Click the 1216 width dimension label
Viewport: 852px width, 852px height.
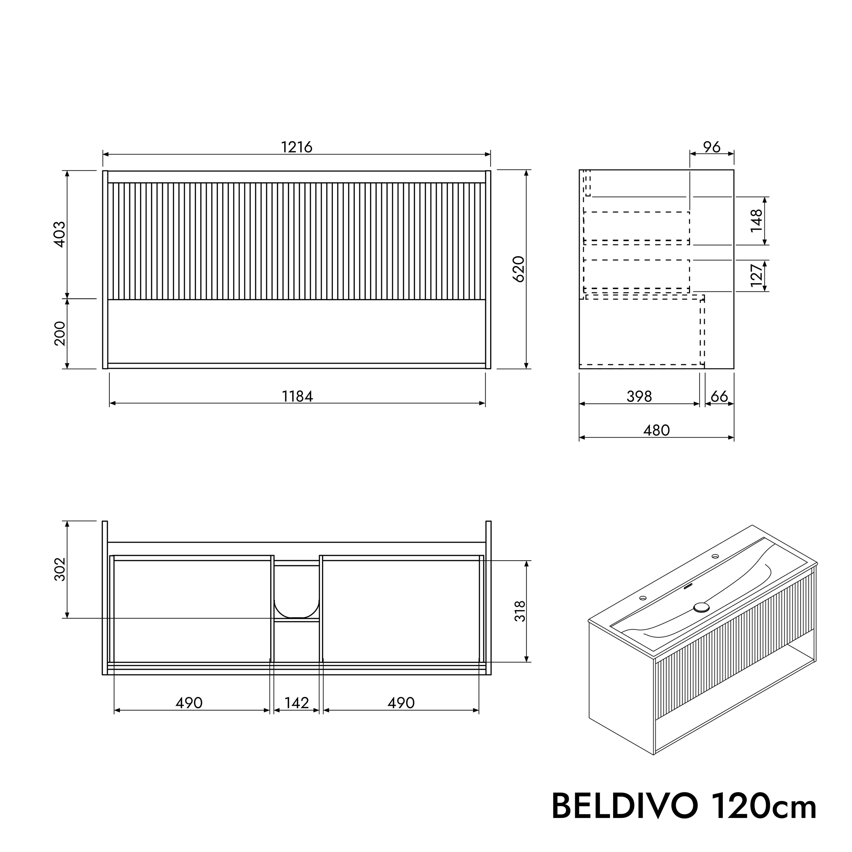click(297, 147)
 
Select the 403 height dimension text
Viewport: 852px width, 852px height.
click(60, 234)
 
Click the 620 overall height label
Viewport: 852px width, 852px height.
click(519, 269)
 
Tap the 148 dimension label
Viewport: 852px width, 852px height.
click(756, 220)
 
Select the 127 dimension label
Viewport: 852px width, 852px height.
click(756, 276)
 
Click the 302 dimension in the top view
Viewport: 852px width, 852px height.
click(60, 569)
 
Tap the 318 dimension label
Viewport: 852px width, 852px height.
click(520, 611)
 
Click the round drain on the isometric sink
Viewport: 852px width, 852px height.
click(701, 607)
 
